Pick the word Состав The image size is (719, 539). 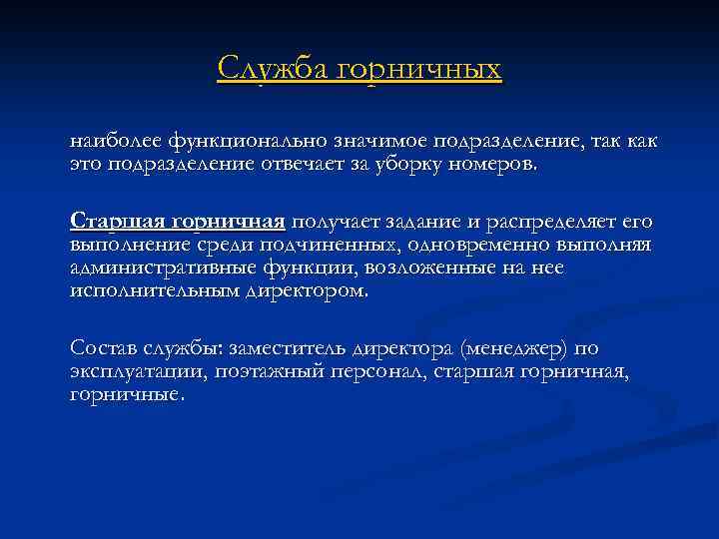pyautogui.click(x=105, y=348)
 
